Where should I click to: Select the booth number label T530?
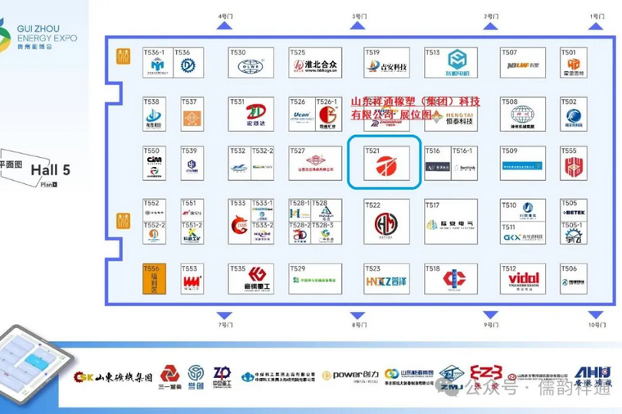pos(237,52)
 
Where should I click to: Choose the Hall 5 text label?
pos(51,170)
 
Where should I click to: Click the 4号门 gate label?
pos(225,16)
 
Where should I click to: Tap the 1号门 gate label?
pos(597,16)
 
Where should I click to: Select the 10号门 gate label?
pos(597,325)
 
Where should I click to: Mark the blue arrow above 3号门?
pos(358,27)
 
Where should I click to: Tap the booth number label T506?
pos(569,268)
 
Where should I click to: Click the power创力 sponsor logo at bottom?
pos(349,376)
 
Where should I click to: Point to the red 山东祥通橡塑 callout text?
pos(415,109)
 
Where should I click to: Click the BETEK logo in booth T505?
pos(573,214)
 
